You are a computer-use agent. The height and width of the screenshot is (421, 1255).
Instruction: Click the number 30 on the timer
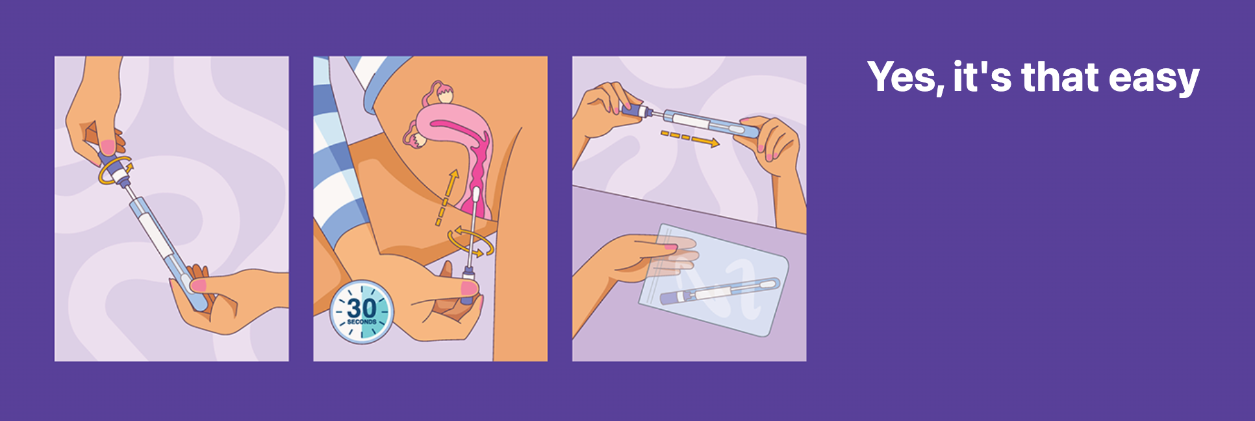[x=361, y=307]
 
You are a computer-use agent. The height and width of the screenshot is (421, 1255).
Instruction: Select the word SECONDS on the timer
[x=362, y=322]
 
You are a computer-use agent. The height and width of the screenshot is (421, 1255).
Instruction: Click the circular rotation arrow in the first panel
[x=114, y=170]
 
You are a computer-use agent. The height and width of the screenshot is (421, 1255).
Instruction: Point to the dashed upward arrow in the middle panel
[x=447, y=198]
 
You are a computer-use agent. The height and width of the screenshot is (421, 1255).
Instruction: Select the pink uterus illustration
[x=452, y=146]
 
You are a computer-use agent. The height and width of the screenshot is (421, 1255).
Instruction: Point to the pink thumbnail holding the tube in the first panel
[x=198, y=285]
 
